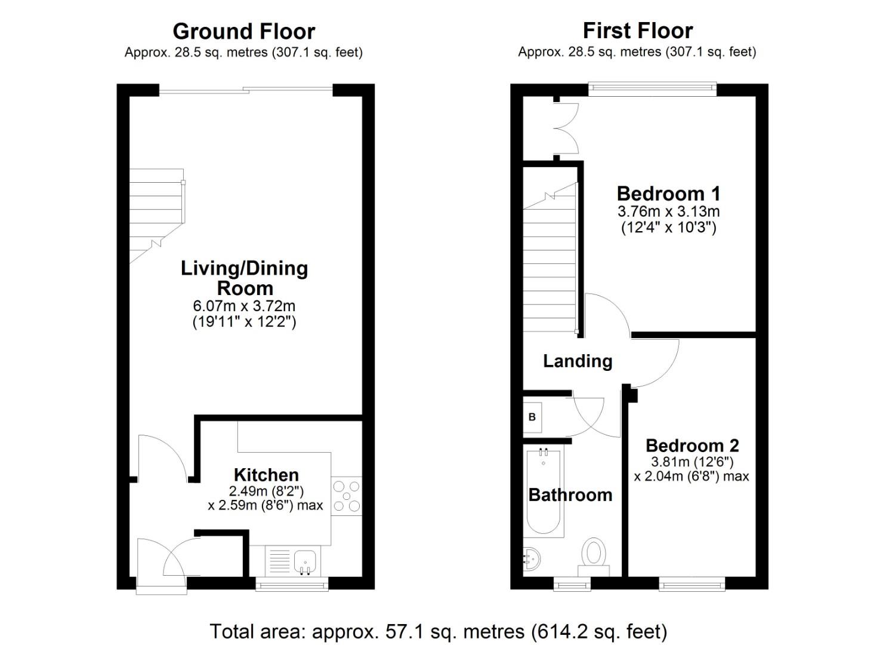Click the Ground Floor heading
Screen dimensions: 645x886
(243, 31)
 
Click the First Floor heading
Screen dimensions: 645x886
(637, 30)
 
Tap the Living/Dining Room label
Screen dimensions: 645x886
(244, 278)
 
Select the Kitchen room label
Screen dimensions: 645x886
(266, 475)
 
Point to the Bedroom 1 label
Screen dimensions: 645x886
(668, 193)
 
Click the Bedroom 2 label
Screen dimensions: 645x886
(692, 446)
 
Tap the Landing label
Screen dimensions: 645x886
(578, 361)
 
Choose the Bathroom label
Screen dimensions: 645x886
(570, 494)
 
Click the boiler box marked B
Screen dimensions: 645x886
(532, 417)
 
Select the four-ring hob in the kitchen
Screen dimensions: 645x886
(347, 496)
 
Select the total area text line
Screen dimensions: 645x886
(438, 631)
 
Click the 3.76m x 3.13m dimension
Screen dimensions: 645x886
(668, 211)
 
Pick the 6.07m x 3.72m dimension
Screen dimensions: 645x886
(244, 306)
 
